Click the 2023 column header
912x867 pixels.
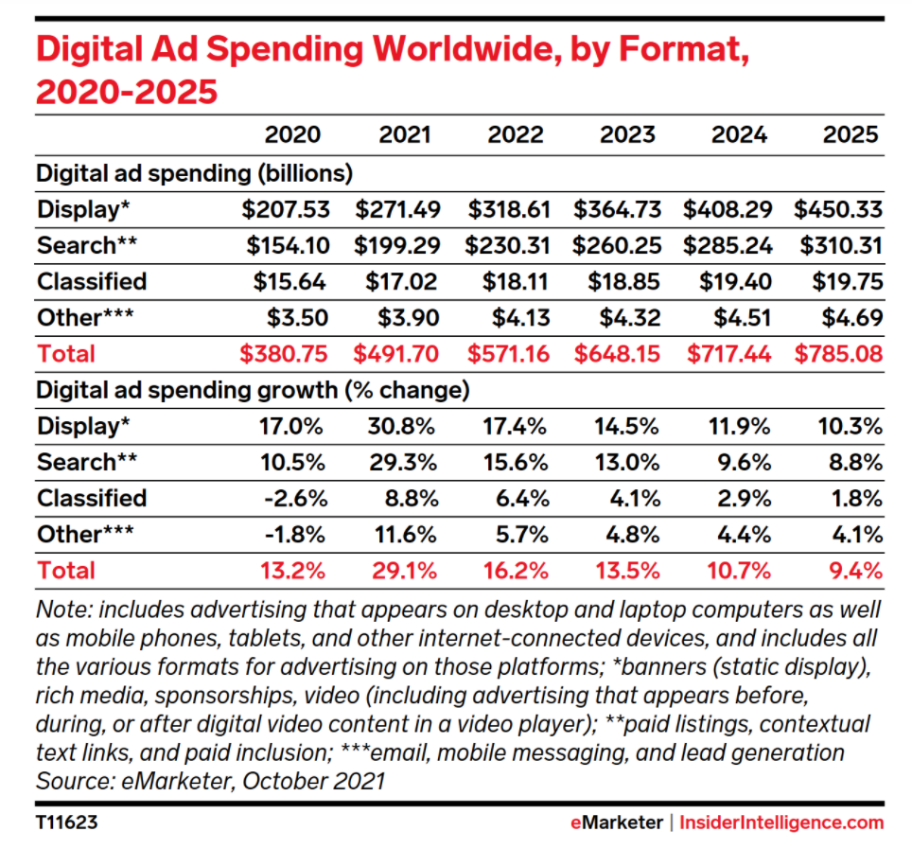[x=627, y=134]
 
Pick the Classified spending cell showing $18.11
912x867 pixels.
[x=515, y=281]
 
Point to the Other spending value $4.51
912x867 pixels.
[x=740, y=317]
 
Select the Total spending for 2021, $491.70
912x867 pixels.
[x=397, y=354]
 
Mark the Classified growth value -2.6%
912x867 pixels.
[x=293, y=498]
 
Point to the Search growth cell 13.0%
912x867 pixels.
[x=629, y=462]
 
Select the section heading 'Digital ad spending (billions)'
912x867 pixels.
[x=194, y=174]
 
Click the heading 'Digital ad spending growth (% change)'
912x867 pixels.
[x=253, y=390]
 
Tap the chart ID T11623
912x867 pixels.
[x=66, y=823]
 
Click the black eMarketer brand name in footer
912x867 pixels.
[x=616, y=823]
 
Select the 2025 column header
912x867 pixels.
[x=851, y=134]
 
